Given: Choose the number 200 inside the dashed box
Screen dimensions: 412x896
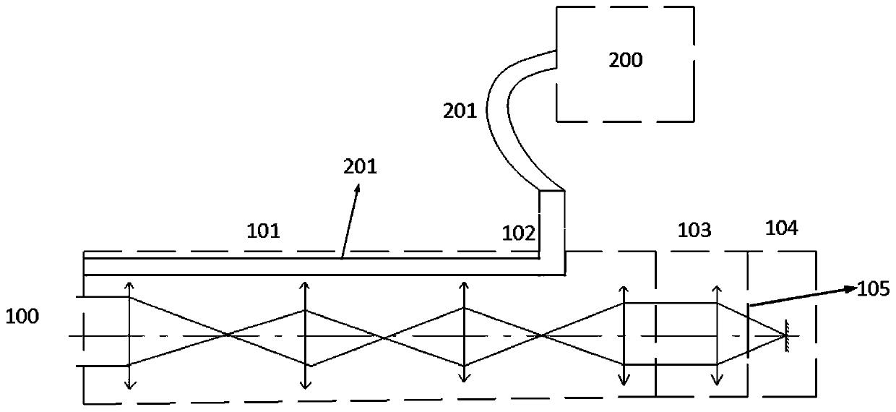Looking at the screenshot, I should coord(626,60).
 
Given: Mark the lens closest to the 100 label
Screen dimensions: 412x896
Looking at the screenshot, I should coord(129,333).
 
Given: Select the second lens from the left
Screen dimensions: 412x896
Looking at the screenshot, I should coord(305,336).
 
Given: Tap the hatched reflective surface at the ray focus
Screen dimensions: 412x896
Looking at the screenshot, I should coord(789,335).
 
